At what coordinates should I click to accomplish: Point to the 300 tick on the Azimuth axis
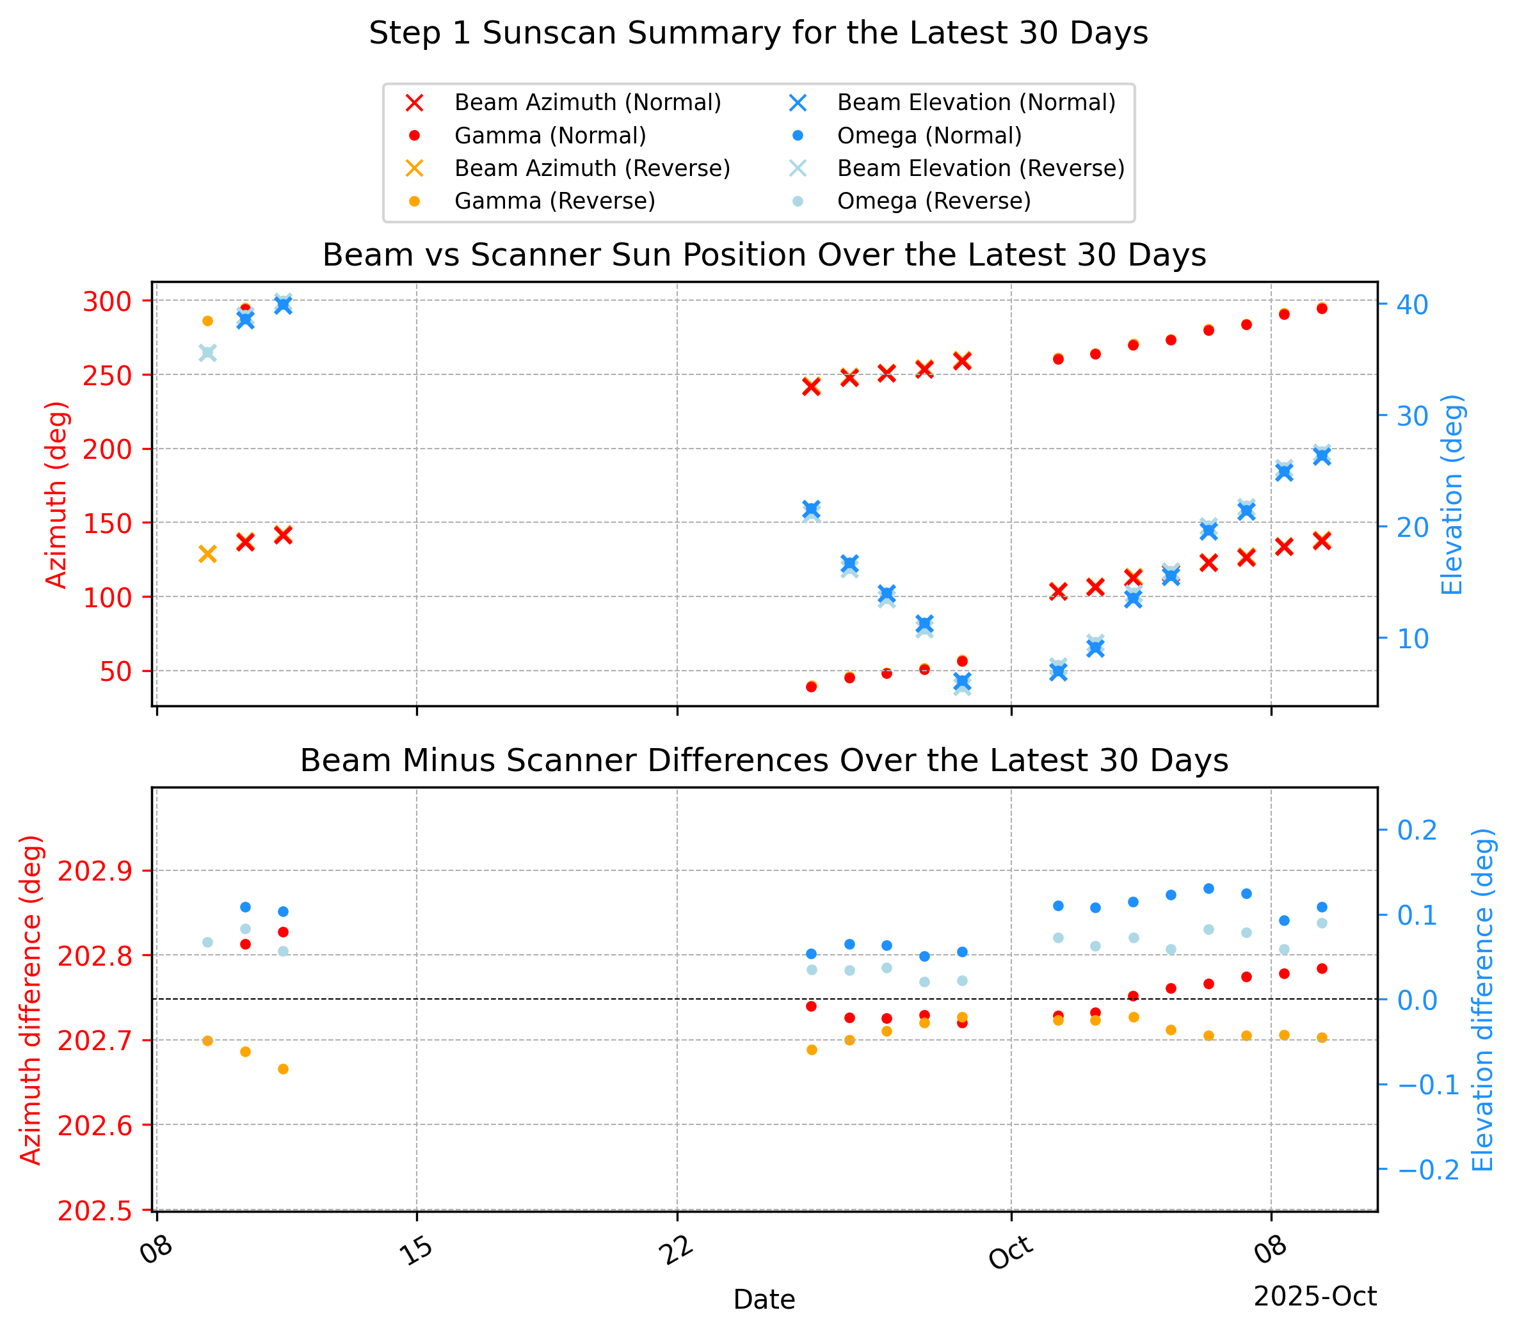(108, 301)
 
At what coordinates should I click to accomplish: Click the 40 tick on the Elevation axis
(1413, 305)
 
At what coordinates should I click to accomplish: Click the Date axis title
(764, 1300)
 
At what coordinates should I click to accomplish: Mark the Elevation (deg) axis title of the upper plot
(1453, 493)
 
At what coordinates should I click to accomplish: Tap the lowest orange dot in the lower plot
(283, 1069)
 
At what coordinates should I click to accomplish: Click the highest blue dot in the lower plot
(1208, 888)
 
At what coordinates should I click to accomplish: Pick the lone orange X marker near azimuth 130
(208, 554)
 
